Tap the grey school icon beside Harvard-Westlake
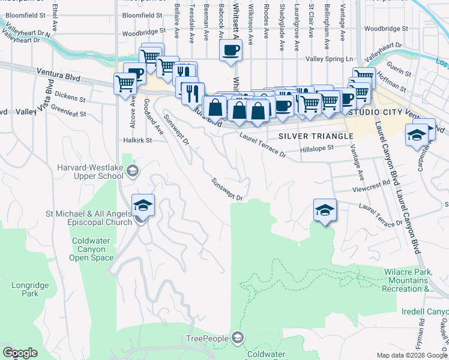click(x=132, y=172)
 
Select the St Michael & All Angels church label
click(x=89, y=218)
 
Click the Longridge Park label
click(x=25, y=290)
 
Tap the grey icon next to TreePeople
click(x=238, y=338)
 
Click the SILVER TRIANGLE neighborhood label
click(x=315, y=136)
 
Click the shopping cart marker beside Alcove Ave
click(x=125, y=83)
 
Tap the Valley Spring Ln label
click(x=329, y=59)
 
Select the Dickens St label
click(x=70, y=94)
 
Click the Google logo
click(x=20, y=353)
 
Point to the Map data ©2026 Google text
click(x=412, y=355)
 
